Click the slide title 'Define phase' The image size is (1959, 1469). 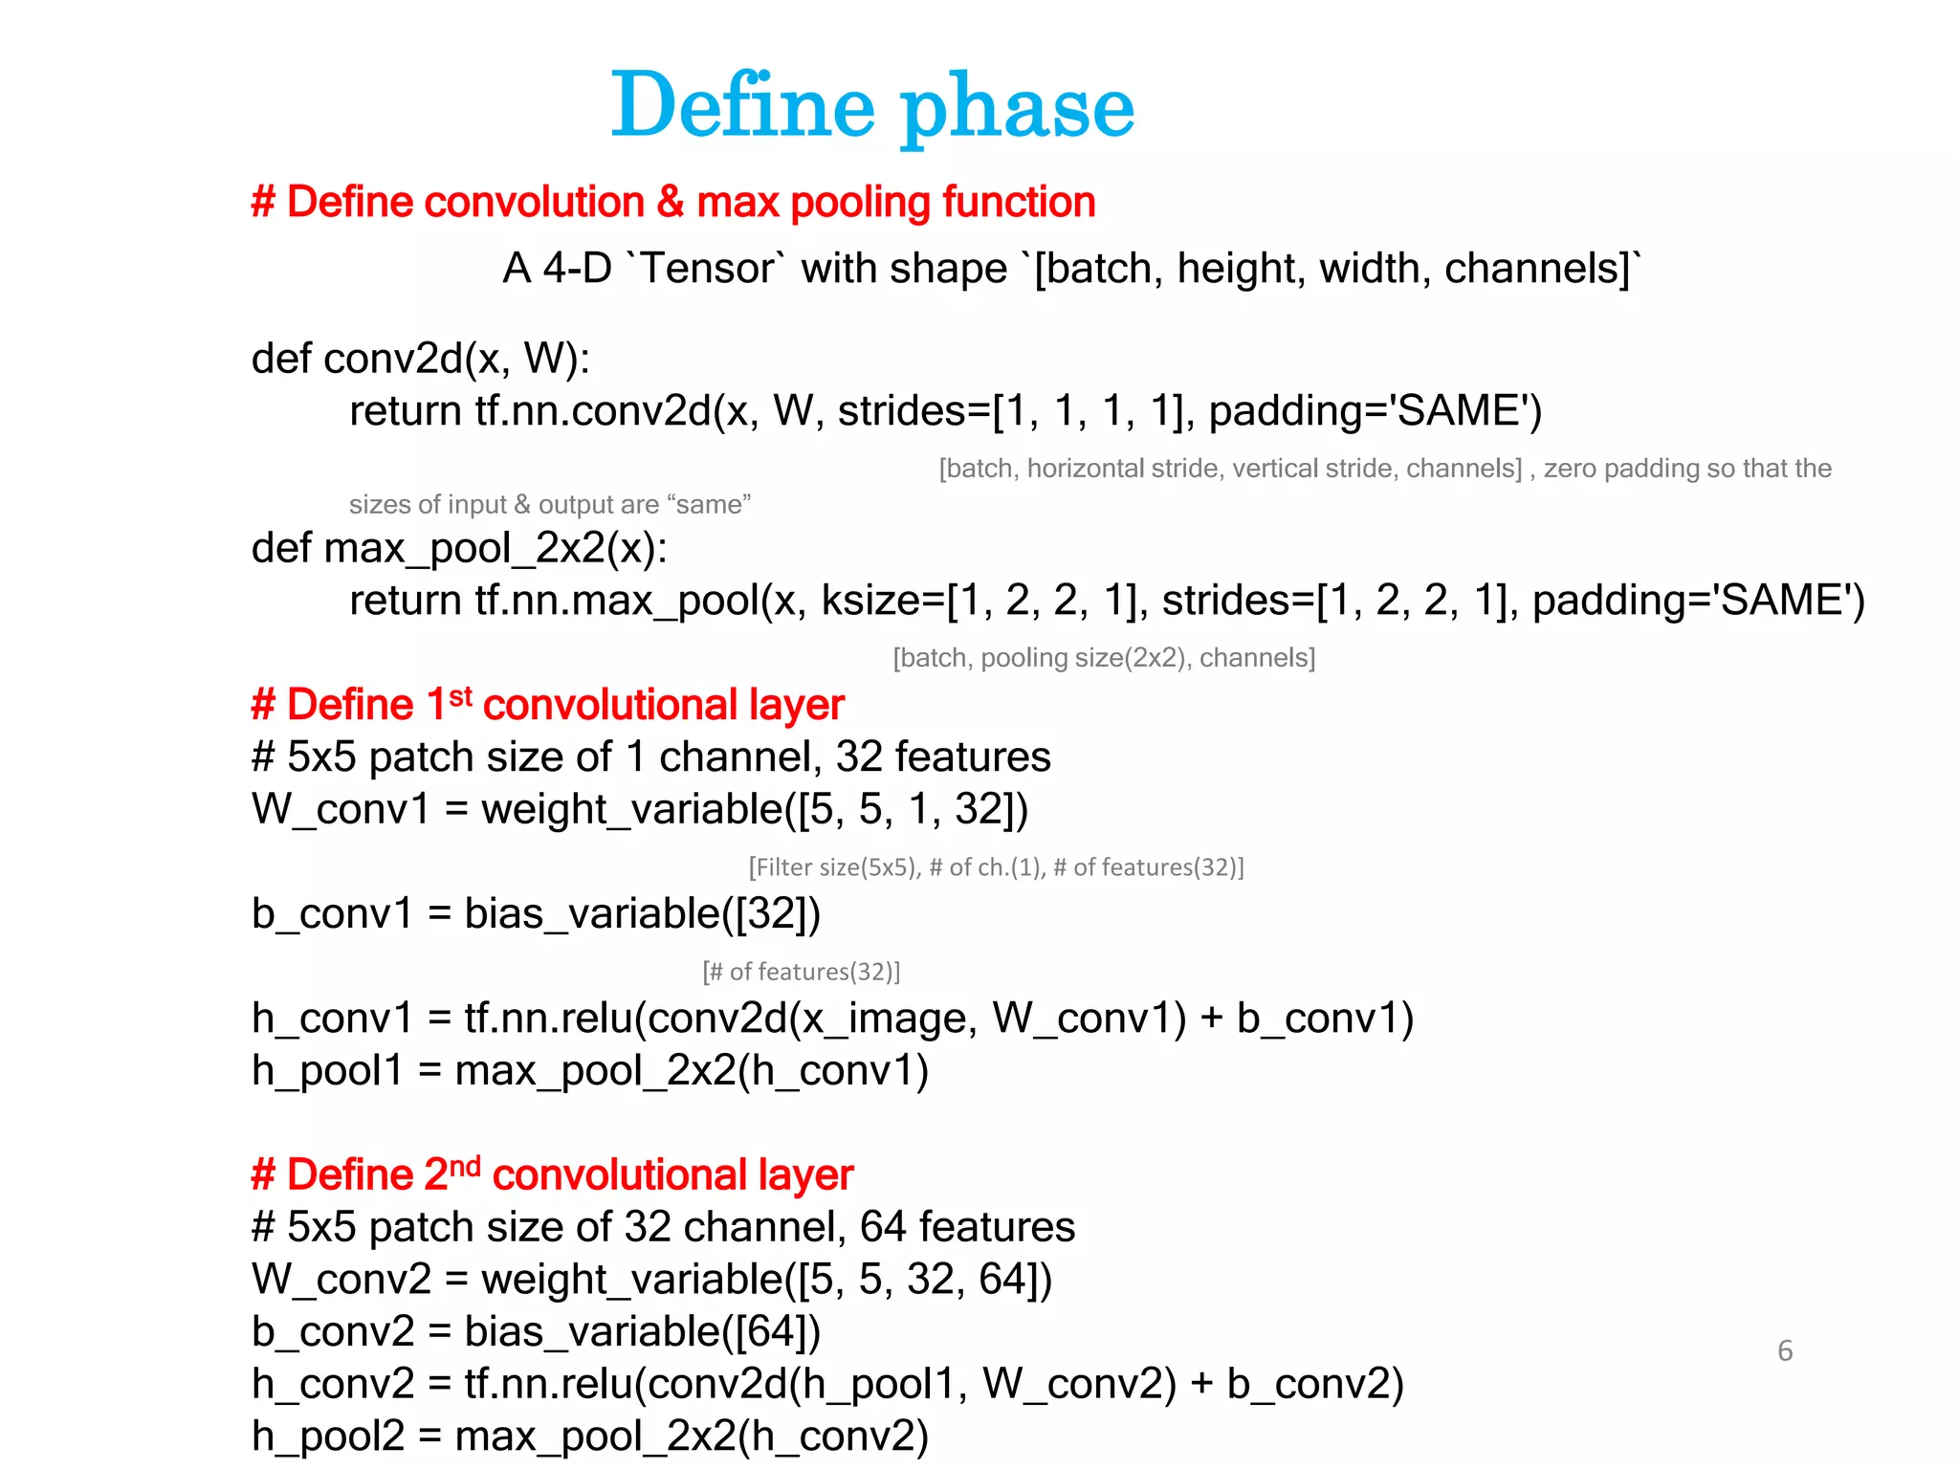tap(872, 106)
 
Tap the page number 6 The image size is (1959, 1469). tap(1784, 1350)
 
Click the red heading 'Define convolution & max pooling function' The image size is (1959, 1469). tap(673, 203)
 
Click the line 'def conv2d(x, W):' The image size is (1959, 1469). tap(421, 359)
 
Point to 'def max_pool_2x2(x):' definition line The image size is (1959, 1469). tap(459, 548)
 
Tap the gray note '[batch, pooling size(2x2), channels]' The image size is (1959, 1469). tap(1104, 658)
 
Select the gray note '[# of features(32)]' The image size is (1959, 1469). tap(802, 972)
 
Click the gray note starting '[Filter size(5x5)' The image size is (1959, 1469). tap(996, 867)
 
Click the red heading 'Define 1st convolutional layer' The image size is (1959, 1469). tap(547, 706)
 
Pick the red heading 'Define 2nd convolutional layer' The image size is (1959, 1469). tap(552, 1175)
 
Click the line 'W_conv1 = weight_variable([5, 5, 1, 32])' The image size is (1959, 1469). tap(639, 810)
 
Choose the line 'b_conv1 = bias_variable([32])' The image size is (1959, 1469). tap(536, 914)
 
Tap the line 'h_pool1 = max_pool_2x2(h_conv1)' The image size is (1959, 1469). tap(589, 1071)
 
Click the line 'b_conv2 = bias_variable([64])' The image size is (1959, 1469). tap(536, 1332)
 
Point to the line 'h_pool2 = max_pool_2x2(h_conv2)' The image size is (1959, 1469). tap(589, 1436)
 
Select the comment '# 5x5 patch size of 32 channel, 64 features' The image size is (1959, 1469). tap(663, 1228)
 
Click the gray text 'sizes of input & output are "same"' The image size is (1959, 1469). tap(550, 505)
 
